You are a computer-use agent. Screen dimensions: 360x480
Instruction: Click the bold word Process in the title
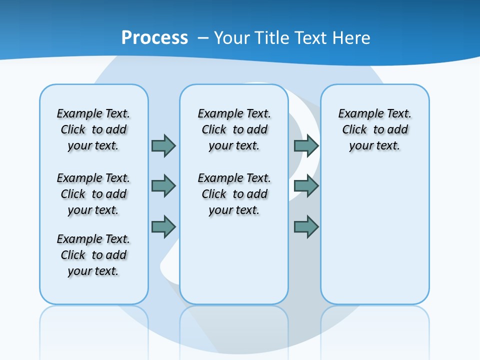pyautogui.click(x=154, y=38)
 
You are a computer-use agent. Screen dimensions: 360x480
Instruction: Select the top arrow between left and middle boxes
pyautogui.click(x=163, y=145)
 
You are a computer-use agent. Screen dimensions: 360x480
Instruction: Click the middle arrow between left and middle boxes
pyautogui.click(x=163, y=186)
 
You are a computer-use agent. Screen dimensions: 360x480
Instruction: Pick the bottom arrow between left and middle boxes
pyautogui.click(x=163, y=227)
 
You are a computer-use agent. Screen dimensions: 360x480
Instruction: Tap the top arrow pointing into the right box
pyautogui.click(x=306, y=145)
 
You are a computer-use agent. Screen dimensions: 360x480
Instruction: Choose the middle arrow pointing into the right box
pyautogui.click(x=306, y=186)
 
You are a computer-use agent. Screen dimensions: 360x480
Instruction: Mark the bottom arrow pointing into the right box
pyautogui.click(x=306, y=227)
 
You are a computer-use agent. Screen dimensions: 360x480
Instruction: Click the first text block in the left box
pyautogui.click(x=93, y=129)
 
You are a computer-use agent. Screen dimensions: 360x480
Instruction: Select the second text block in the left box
pyautogui.click(x=93, y=194)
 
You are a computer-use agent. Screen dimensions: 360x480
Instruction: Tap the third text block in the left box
pyautogui.click(x=93, y=255)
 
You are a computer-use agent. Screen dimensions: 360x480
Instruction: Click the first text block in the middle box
pyautogui.click(x=234, y=129)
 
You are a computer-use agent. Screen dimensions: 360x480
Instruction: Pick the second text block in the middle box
pyautogui.click(x=234, y=194)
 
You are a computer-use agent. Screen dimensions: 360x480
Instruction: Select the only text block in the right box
pyautogui.click(x=374, y=129)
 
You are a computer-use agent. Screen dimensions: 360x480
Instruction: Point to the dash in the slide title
pyautogui.click(x=203, y=38)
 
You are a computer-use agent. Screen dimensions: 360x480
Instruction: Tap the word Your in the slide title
pyautogui.click(x=232, y=38)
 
